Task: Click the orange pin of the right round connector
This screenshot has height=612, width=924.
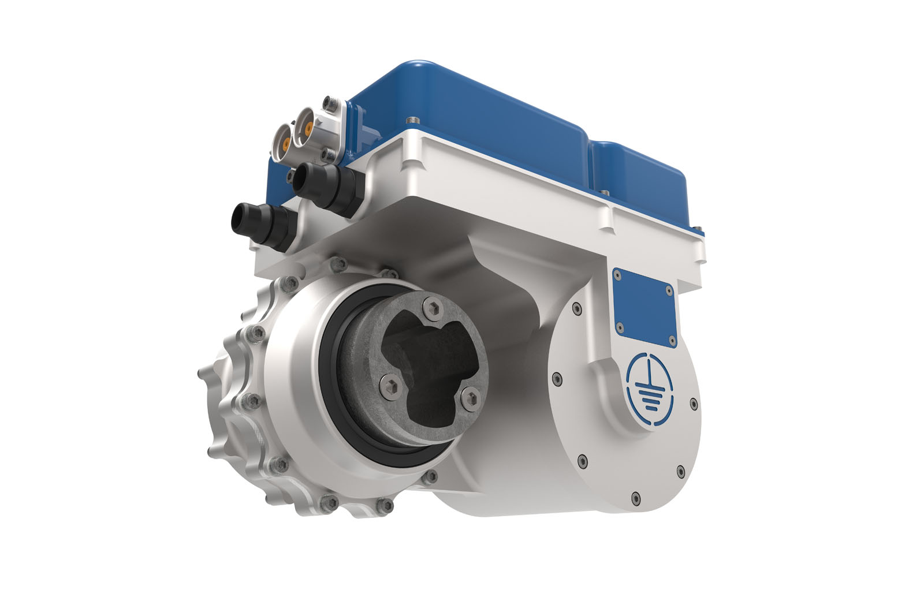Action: click(310, 126)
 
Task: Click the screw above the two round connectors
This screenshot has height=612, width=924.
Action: click(330, 103)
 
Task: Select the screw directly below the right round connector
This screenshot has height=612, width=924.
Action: click(328, 153)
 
